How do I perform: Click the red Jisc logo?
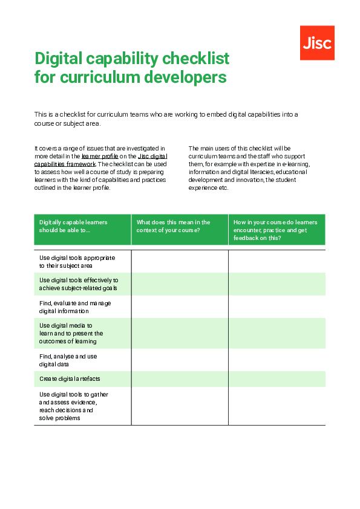317,43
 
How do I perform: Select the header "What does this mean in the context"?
174,226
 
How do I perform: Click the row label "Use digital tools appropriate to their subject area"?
77,262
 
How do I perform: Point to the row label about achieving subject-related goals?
78,284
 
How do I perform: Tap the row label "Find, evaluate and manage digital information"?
75,307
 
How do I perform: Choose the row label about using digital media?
71,333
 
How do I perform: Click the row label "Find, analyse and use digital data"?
68,360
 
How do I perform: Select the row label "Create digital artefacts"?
70,379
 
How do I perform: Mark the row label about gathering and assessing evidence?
73,406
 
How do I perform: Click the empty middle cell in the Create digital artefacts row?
180,379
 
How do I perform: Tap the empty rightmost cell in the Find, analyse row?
277,360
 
